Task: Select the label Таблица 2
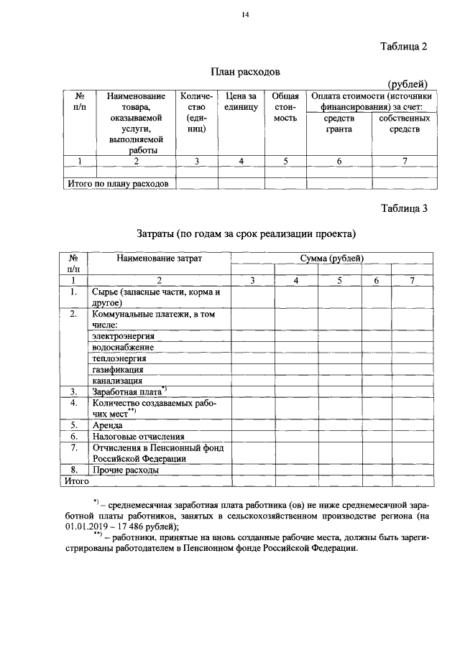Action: point(403,47)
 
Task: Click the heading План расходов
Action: point(244,72)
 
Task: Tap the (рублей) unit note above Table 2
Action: point(408,85)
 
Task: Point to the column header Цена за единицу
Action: point(241,101)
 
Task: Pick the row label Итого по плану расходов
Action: point(117,184)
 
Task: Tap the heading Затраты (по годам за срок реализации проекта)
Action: point(246,233)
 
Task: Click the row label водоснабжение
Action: point(124,347)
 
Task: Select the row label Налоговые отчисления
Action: point(138,436)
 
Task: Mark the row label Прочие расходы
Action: point(125,470)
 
